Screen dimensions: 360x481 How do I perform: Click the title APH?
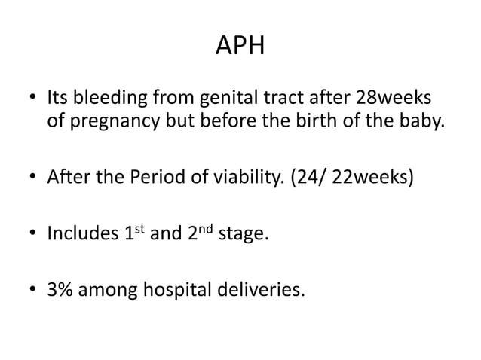coord(240,47)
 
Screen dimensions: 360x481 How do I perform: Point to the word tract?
coord(280,99)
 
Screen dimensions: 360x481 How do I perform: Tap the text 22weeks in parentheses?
coord(372,180)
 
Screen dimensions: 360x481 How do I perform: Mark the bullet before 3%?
coord(32,290)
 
